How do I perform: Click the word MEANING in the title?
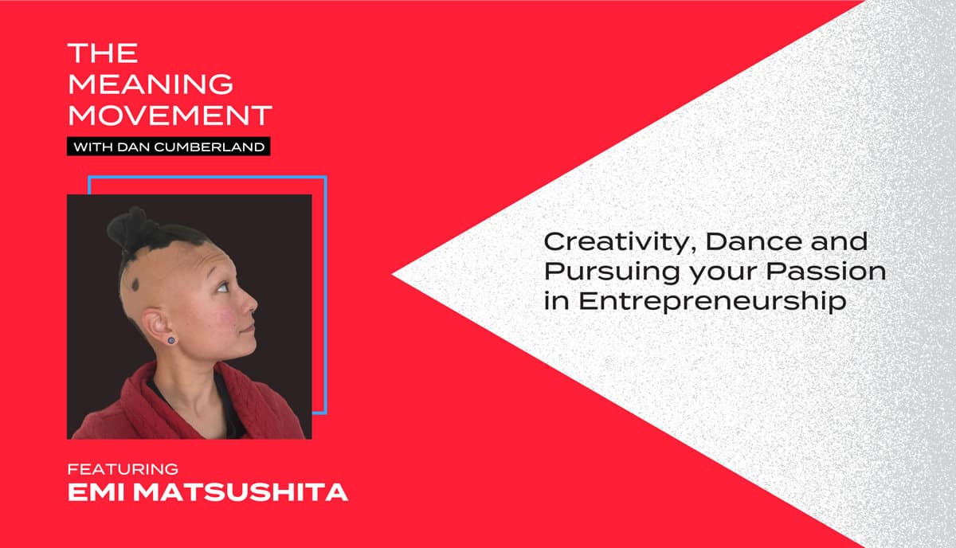coord(151,84)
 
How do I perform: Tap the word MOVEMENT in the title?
coord(170,115)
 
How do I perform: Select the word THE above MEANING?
coord(103,53)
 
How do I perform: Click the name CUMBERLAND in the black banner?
coord(209,147)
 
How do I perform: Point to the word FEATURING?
coord(123,469)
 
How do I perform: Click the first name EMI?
coord(96,492)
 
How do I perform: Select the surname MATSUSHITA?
coord(241,492)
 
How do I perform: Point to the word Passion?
coord(826,272)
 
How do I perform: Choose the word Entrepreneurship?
coord(712,302)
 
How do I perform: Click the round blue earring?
coord(171,341)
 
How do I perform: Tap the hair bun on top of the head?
coord(128,229)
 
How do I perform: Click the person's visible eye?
coord(222,288)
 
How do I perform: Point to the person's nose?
coord(250,304)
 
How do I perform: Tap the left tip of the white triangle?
coord(393,275)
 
